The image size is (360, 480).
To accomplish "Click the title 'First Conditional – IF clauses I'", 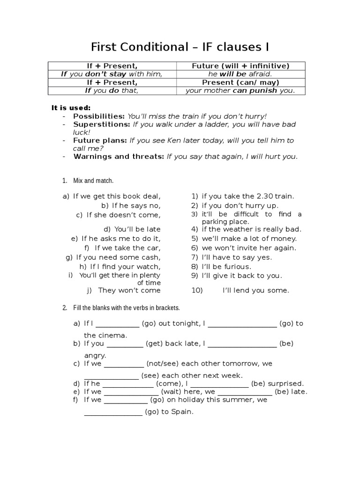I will (180, 48).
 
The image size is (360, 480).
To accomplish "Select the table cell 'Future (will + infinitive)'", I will (240, 66).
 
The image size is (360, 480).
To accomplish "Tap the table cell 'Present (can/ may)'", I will (240, 82).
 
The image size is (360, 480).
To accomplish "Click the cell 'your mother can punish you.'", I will (240, 90).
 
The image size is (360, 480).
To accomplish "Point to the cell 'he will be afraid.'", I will (240, 74).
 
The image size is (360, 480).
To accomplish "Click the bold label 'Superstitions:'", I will (102, 125).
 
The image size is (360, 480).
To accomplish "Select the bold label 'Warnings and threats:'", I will (119, 157).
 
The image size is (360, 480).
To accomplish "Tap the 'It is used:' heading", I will (71, 108).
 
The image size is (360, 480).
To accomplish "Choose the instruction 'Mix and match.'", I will (93, 180).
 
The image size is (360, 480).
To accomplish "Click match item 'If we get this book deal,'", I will (117, 196).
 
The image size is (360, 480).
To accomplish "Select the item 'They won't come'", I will (129, 290).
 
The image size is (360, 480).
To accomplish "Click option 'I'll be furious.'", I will (226, 266).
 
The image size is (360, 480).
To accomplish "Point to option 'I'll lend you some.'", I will (256, 290).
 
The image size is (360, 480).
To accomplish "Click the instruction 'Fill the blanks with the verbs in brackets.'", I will (127, 308).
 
